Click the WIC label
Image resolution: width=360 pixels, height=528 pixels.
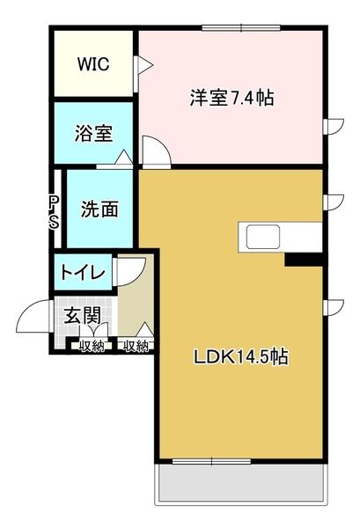(93, 64)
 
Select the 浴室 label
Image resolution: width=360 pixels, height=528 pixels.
(92, 135)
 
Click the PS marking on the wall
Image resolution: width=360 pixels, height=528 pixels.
(54, 211)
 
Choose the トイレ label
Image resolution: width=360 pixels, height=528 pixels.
(83, 273)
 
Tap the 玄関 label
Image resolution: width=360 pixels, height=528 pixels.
(80, 315)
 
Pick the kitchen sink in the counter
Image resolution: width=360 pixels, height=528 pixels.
(263, 237)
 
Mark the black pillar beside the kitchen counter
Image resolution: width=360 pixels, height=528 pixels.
(304, 259)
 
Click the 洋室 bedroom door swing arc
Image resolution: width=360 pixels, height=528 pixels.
(156, 151)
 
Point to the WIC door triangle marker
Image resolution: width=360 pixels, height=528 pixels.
(144, 64)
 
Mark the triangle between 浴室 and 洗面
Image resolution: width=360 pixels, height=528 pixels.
(122, 158)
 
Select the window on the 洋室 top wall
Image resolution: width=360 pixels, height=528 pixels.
(241, 29)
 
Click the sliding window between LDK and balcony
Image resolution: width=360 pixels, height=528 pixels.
(211, 460)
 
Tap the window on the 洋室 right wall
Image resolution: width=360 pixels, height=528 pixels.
(331, 126)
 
